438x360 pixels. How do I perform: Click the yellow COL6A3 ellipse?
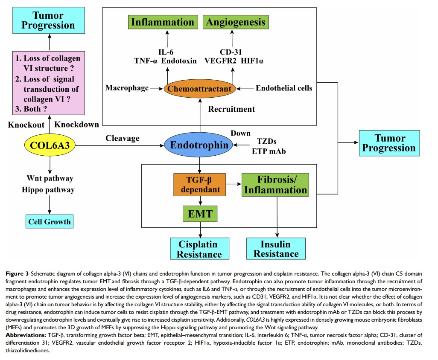pos(50,145)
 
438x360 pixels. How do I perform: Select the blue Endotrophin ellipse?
pos(199,145)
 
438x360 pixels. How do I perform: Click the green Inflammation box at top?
pos(162,22)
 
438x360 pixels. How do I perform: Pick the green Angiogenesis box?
pos(236,22)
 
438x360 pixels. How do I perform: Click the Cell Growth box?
pos(50,222)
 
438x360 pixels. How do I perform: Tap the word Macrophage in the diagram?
pos(127,88)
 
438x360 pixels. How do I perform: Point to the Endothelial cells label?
pos(284,88)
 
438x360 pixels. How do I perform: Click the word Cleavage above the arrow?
pos(123,139)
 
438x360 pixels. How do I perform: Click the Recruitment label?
pos(231,109)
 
